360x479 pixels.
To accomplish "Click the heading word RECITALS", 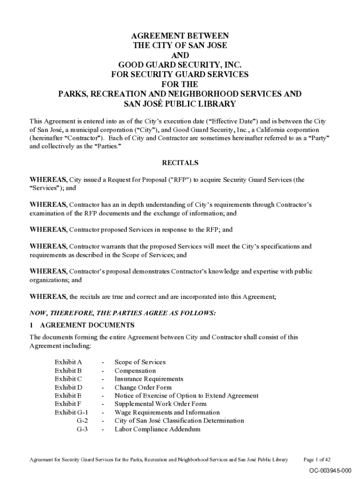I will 180,163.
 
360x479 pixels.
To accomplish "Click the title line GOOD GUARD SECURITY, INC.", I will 180,65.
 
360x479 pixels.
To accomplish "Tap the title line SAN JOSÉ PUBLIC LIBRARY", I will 180,104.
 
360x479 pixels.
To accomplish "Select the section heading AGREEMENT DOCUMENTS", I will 87,325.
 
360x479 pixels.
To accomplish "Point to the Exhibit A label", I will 68,362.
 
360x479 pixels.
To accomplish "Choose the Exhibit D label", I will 68,387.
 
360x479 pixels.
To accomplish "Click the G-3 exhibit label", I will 82,429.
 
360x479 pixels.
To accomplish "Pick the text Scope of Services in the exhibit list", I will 140,362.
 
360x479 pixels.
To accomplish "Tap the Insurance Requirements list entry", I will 149,379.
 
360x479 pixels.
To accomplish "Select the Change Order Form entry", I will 143,387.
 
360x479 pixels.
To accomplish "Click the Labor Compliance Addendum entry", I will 157,429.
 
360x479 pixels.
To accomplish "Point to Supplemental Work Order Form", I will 160,404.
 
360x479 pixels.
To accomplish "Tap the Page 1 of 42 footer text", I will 317,459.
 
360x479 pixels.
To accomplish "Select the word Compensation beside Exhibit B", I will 135,370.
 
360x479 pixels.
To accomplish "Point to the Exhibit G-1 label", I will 72,413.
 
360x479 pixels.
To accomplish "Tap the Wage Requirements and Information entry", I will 167,413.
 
